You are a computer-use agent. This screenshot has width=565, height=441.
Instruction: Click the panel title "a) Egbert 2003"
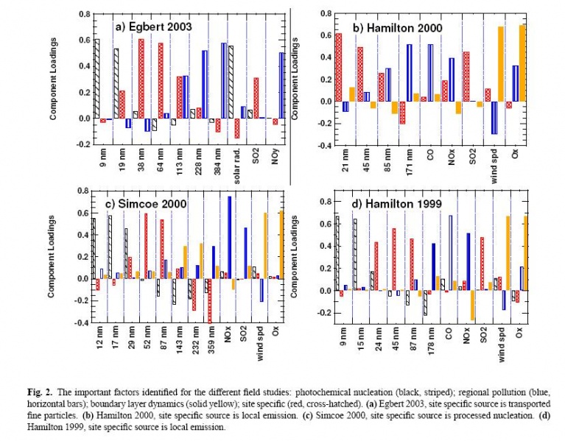coord(152,27)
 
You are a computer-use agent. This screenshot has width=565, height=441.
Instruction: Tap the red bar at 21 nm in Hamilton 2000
coord(339,67)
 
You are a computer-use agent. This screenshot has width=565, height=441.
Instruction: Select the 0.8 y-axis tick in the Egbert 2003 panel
coord(82,13)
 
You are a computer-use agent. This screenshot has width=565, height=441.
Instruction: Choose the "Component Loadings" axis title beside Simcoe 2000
coord(52,256)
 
